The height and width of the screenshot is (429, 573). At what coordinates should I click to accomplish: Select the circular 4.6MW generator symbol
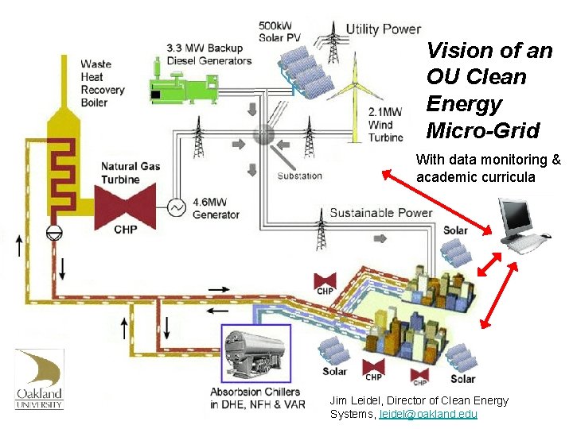(177, 207)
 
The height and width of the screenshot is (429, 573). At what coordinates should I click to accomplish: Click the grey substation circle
(263, 133)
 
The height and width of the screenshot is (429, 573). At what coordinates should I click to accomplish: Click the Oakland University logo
(39, 379)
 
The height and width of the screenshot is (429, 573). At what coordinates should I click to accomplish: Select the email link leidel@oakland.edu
(428, 414)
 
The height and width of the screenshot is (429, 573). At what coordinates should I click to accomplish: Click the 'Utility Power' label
(383, 29)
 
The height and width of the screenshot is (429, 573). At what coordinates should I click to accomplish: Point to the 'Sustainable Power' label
(380, 212)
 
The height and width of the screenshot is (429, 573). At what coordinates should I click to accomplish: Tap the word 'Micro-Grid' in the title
(482, 130)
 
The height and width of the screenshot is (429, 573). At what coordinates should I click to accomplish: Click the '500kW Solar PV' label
(279, 31)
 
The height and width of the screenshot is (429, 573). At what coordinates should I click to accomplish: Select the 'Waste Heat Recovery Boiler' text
(102, 83)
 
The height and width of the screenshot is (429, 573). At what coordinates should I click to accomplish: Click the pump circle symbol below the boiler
(54, 231)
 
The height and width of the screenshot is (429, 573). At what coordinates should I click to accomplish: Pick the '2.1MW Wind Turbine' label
(386, 125)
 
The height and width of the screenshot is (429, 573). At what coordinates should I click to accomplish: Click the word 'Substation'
(299, 176)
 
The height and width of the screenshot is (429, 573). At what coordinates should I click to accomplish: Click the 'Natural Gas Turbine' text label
(131, 173)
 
